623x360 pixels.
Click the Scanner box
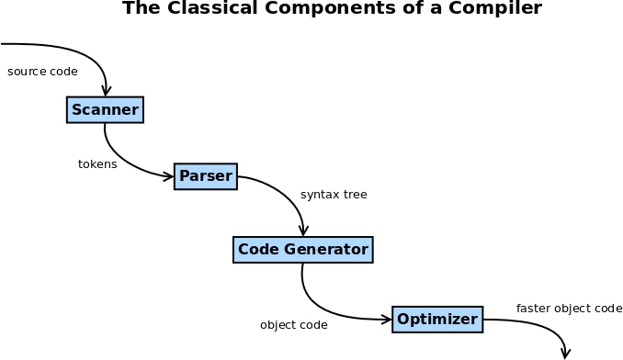click(x=105, y=110)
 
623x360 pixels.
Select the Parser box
click(x=206, y=176)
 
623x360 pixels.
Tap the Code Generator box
click(x=302, y=250)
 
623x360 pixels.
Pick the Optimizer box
click(x=437, y=320)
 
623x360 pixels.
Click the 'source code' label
click(x=42, y=72)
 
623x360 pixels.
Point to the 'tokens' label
click(x=97, y=164)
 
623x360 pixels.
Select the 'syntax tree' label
click(x=334, y=195)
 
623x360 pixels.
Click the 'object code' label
click(x=294, y=325)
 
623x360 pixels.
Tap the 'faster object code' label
click(x=569, y=309)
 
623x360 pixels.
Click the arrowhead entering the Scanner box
click(x=107, y=91)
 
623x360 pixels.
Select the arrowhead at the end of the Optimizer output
click(x=566, y=354)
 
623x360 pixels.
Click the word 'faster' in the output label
click(x=533, y=309)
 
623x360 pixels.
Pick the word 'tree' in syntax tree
click(x=355, y=195)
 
